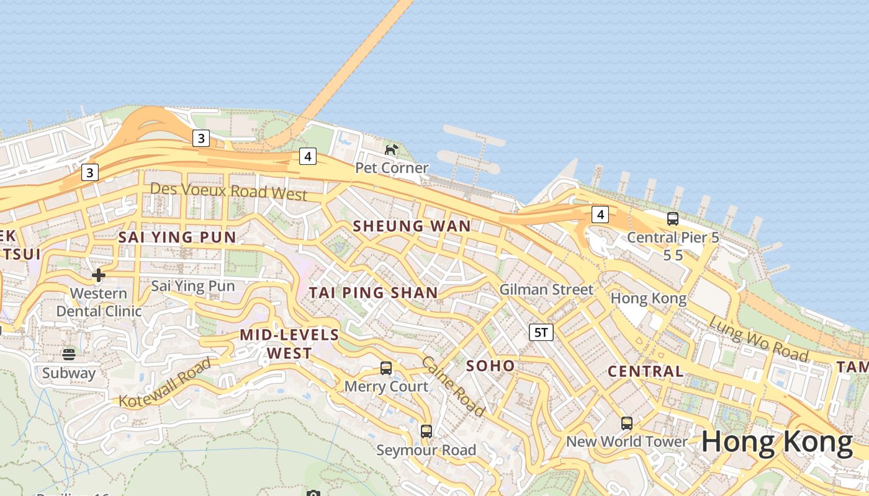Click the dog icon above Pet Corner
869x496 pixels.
(392, 149)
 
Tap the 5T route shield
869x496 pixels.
(541, 332)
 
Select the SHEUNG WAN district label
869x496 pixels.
(412, 226)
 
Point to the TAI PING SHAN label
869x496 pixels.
(374, 292)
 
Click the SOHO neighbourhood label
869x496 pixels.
(490, 366)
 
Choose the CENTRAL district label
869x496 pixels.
(646, 371)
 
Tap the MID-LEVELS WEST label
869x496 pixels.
(289, 344)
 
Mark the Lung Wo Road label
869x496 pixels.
(759, 339)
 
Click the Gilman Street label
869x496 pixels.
(546, 289)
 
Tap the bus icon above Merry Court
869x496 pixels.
(386, 368)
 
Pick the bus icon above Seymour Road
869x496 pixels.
(426, 432)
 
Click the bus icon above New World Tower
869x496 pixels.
(627, 423)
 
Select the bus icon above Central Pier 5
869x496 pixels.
(673, 218)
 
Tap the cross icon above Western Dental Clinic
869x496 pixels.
(98, 275)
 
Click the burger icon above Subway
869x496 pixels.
(69, 355)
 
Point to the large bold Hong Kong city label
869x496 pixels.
(777, 442)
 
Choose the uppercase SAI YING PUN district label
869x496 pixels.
(177, 237)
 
